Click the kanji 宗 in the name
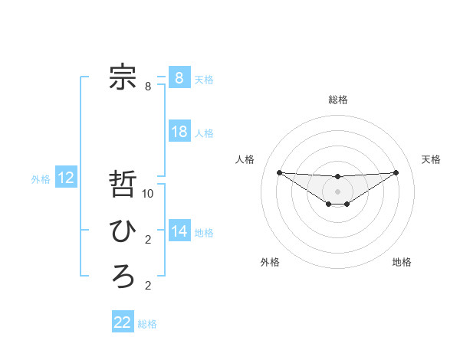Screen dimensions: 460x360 tap(123, 77)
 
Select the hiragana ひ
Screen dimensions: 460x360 tap(123, 231)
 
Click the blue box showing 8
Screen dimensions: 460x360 tap(179, 77)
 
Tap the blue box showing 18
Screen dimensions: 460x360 tap(179, 131)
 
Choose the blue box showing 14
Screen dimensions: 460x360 tap(179, 231)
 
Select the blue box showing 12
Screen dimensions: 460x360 tap(66, 178)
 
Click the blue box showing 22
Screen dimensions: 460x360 tap(123, 322)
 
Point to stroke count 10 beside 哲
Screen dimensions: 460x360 tap(148, 194)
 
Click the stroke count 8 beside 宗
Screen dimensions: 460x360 tap(148, 87)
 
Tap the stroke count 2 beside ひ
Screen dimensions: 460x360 tap(148, 240)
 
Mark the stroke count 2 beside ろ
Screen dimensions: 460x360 tap(148, 286)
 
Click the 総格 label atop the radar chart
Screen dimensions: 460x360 tap(338, 100)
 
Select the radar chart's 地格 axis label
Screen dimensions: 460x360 tap(402, 262)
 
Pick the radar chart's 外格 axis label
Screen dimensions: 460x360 tap(270, 262)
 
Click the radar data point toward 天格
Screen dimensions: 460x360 tap(396, 172)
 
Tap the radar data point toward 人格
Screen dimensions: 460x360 tap(279, 172)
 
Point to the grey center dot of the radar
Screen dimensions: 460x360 tap(337, 191)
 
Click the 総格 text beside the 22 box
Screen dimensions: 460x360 tap(147, 324)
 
